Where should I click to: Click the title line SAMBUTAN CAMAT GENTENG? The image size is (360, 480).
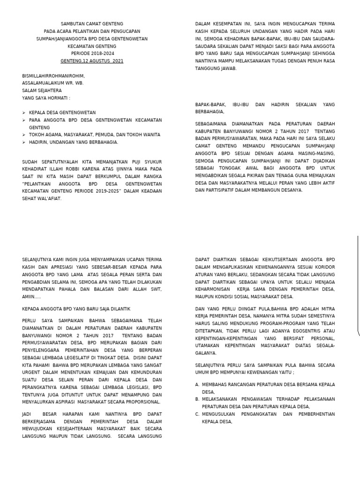[92, 24]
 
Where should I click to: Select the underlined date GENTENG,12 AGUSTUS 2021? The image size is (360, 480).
[92, 61]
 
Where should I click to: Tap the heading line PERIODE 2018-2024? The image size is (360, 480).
[92, 54]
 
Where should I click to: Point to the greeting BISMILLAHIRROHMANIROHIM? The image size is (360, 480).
[53, 76]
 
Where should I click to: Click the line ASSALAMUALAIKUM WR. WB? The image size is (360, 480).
[52, 83]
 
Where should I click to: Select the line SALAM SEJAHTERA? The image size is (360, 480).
[42, 90]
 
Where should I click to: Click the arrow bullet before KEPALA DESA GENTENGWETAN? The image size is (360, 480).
[24, 113]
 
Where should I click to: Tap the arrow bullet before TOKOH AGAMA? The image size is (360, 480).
[24, 135]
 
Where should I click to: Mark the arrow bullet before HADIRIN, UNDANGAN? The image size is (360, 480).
[24, 142]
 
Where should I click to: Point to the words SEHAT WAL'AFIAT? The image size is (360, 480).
[42, 199]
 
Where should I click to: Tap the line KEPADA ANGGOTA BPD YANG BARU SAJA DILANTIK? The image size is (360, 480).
[76, 309]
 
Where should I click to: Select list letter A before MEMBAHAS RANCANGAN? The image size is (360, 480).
[197, 384]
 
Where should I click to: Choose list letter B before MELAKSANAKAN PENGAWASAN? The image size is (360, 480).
[197, 399]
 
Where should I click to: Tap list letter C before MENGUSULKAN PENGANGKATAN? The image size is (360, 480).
[197, 414]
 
